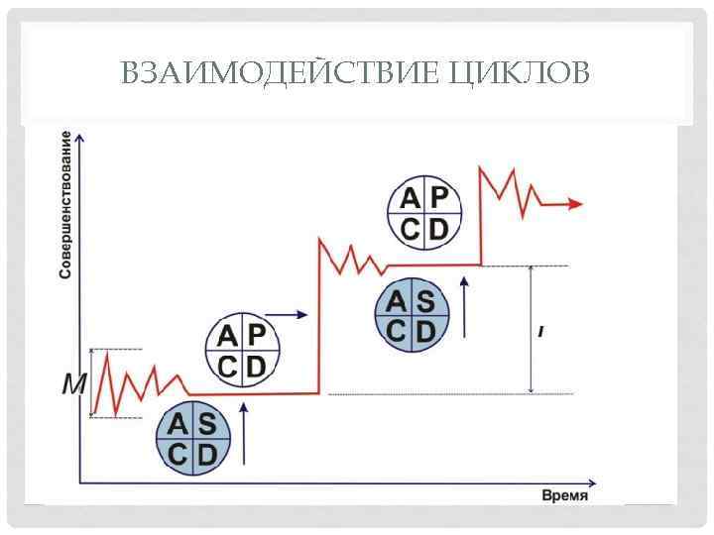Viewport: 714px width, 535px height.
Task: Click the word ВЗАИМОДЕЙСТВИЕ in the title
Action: [x=279, y=72]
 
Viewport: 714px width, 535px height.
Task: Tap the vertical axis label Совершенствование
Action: [x=65, y=204]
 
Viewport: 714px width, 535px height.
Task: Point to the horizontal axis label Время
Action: [x=564, y=494]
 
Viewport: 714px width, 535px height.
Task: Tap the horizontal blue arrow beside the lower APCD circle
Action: [x=288, y=314]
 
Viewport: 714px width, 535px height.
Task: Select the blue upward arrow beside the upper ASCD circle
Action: [x=461, y=306]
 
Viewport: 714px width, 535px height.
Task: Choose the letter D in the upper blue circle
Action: [x=426, y=332]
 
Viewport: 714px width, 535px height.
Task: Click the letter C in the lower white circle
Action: [x=227, y=368]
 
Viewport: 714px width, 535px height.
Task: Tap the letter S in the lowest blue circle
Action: [x=207, y=424]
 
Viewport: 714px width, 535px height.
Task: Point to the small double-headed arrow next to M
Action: [x=90, y=383]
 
